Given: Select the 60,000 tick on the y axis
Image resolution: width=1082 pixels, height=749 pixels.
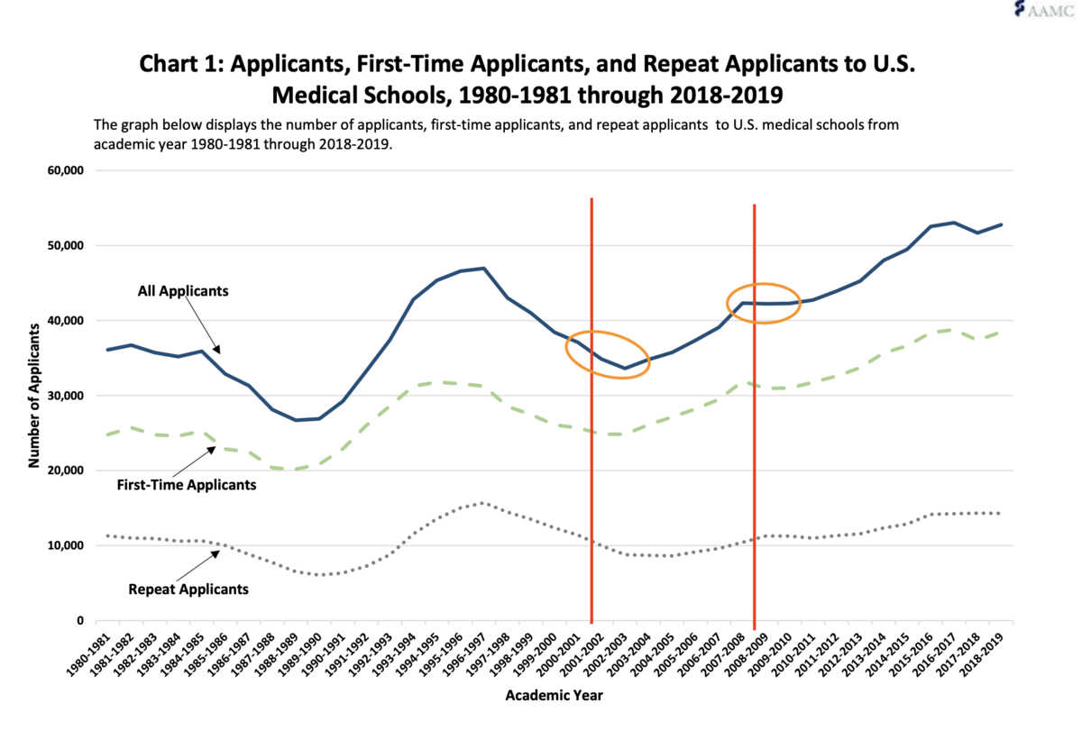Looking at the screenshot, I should pos(61,170).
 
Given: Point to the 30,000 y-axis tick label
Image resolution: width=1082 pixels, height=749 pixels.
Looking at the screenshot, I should pos(61,396).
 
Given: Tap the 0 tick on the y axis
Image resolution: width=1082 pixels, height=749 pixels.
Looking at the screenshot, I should pos(80,621).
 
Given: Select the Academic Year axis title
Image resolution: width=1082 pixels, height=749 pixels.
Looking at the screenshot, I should pos(554,695).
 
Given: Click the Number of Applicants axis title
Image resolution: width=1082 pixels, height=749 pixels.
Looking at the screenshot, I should pos(34,395).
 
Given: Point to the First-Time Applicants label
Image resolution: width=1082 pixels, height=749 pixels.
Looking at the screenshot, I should pos(187,485).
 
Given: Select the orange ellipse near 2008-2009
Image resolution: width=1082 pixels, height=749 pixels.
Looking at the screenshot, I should pos(764,303).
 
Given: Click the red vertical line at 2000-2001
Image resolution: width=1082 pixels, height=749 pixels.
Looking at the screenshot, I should pos(591,406).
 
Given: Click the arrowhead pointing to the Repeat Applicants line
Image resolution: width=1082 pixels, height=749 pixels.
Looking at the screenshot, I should pos(216,553).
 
